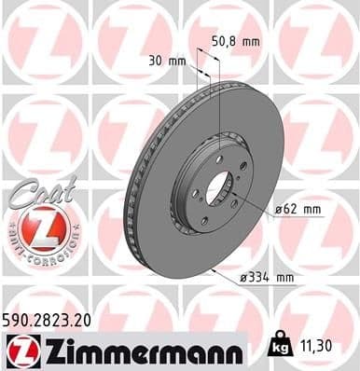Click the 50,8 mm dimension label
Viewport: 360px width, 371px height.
pos(236,41)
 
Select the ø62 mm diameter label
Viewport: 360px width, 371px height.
pos(298,211)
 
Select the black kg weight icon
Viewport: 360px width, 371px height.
pos(277,345)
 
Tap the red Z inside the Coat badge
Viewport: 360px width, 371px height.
pos(35,226)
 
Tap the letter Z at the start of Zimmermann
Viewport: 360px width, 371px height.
pos(54,350)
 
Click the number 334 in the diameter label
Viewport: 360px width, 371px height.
pos(267,277)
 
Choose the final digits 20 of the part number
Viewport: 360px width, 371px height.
pos(83,319)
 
